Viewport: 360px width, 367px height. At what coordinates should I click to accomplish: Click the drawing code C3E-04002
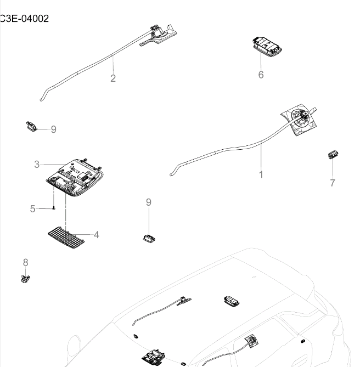point(24,19)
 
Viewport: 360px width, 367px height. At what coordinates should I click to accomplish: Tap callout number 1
point(261,174)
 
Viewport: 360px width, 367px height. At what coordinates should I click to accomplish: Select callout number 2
point(113,78)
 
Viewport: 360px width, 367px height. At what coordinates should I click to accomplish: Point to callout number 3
point(37,164)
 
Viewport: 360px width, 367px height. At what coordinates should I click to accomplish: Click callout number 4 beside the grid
point(96,235)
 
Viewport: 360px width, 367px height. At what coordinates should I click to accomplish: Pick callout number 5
point(32,208)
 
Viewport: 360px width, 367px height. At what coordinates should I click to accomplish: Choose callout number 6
point(261,74)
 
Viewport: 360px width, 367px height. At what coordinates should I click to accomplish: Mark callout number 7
point(333,183)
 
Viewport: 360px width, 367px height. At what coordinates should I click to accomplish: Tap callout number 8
point(25,262)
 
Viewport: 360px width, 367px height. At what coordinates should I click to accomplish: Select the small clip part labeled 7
point(331,155)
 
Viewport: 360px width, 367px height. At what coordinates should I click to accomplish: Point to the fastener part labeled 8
point(25,278)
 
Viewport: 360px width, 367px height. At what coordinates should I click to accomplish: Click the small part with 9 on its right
point(31,126)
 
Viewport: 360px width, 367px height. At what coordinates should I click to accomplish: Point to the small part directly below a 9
point(148,238)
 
